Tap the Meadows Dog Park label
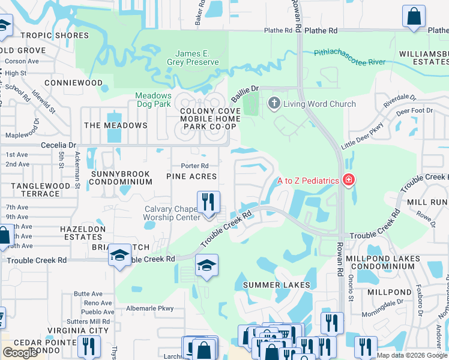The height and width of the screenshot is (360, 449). (153, 100)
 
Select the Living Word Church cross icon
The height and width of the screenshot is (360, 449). (274, 104)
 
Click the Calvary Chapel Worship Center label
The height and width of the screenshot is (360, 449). (172, 213)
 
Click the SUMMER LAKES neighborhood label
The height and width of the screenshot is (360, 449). (276, 284)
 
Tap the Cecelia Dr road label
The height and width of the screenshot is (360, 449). (58, 145)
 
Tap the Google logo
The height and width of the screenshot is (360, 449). (20, 353)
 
